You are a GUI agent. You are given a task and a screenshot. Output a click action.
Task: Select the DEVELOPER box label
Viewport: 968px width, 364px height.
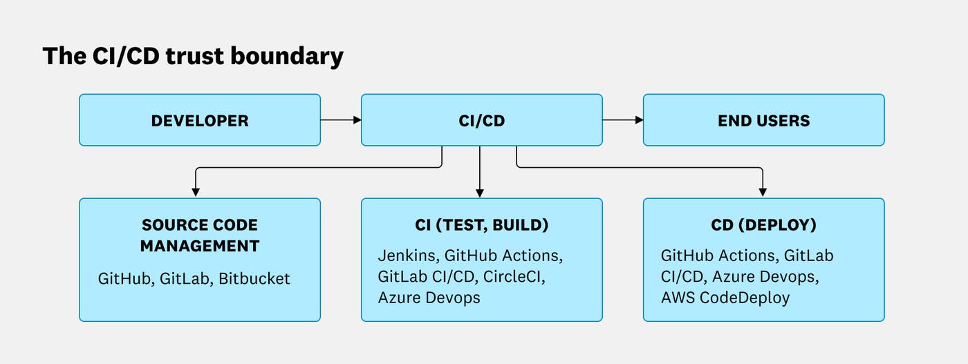(200, 121)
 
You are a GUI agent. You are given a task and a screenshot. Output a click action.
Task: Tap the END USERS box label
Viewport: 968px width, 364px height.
(763, 121)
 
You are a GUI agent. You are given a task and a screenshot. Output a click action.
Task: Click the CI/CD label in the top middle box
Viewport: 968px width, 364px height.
(481, 121)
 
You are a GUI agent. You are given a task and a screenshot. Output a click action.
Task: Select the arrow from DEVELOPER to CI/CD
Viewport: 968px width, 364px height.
(341, 120)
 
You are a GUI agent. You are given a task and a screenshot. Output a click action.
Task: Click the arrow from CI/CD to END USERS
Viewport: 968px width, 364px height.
(622, 120)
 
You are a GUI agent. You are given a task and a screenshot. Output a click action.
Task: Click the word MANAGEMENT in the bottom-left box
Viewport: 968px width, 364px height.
(200, 246)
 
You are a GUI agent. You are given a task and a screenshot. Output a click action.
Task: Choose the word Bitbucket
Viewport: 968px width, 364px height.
(254, 279)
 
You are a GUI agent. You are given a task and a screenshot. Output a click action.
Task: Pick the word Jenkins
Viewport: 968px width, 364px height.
(407, 256)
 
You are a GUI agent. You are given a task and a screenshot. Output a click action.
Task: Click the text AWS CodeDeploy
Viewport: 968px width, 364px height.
(725, 298)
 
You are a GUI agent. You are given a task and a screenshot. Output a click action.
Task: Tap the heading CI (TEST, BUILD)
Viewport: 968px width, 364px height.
(481, 225)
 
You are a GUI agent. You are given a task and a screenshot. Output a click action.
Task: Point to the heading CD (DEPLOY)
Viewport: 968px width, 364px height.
(763, 225)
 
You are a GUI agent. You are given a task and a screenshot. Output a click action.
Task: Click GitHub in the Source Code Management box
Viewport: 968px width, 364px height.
(124, 279)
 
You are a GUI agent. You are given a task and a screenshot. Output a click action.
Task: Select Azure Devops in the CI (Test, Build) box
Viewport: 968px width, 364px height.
(429, 298)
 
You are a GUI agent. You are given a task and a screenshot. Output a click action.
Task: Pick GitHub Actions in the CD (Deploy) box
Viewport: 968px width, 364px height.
(717, 256)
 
